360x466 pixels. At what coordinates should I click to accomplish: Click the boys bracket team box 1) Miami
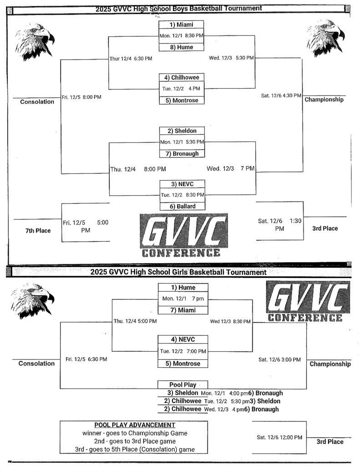(182, 25)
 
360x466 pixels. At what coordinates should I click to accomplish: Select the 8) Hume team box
(182, 47)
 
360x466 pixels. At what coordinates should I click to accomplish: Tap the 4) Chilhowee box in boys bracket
(182, 77)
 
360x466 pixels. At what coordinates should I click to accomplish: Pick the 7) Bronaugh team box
(182, 154)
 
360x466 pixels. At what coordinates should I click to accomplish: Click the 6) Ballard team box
(182, 207)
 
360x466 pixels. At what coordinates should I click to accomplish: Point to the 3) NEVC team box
(182, 184)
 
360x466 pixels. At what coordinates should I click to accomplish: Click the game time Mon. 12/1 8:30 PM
(182, 35)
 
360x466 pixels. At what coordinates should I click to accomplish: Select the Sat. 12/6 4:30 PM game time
(281, 96)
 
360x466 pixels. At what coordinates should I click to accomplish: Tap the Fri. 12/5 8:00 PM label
(81, 97)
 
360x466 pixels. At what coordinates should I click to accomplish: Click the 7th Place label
(38, 231)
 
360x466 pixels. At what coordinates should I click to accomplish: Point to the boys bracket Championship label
(324, 100)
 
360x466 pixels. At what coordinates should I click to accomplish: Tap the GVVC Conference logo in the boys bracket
(183, 236)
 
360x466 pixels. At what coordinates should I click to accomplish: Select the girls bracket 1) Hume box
(183, 288)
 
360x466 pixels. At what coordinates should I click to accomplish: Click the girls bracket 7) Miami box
(183, 310)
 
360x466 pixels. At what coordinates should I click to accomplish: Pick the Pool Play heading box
(183, 385)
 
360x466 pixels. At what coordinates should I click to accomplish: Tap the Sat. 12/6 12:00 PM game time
(279, 437)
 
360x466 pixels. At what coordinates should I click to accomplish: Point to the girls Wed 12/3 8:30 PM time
(230, 322)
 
